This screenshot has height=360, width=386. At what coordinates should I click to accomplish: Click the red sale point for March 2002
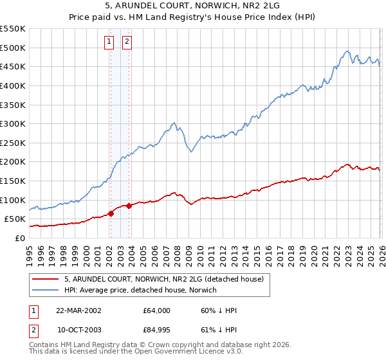[x=111, y=214]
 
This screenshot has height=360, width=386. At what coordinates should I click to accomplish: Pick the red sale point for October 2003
[x=129, y=206]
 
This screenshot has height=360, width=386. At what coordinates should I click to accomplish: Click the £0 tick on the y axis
[x=20, y=239]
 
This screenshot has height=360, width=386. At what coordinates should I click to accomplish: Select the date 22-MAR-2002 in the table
[x=78, y=310]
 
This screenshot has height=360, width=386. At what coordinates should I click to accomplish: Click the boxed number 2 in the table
[x=34, y=330]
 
